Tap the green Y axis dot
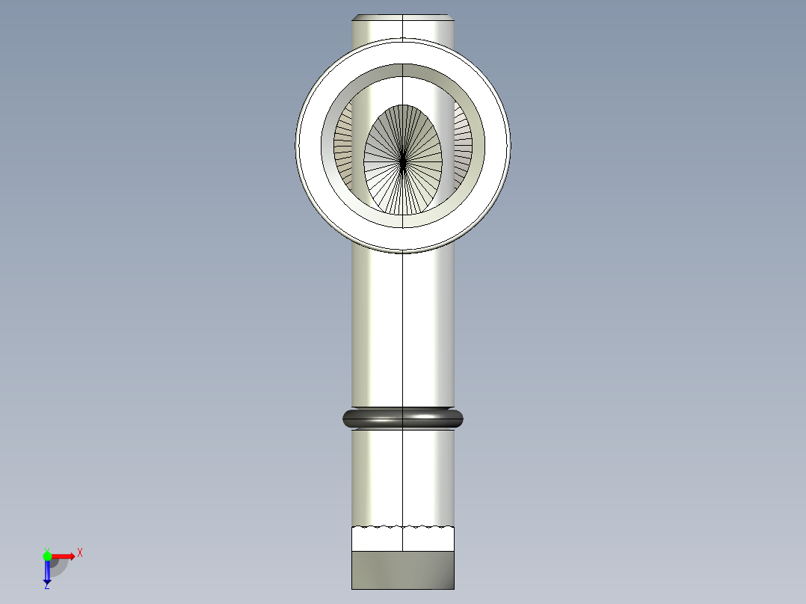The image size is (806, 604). tap(47, 555)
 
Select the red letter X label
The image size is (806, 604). tap(79, 552)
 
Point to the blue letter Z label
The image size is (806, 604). tap(46, 587)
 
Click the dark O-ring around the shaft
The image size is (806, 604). tap(374, 418)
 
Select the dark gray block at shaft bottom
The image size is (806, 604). tap(403, 570)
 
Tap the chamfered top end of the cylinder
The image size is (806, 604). tap(403, 17)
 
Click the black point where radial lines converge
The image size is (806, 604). tap(403, 160)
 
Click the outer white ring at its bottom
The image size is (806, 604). tap(403, 238)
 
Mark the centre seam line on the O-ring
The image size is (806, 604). tap(403, 418)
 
